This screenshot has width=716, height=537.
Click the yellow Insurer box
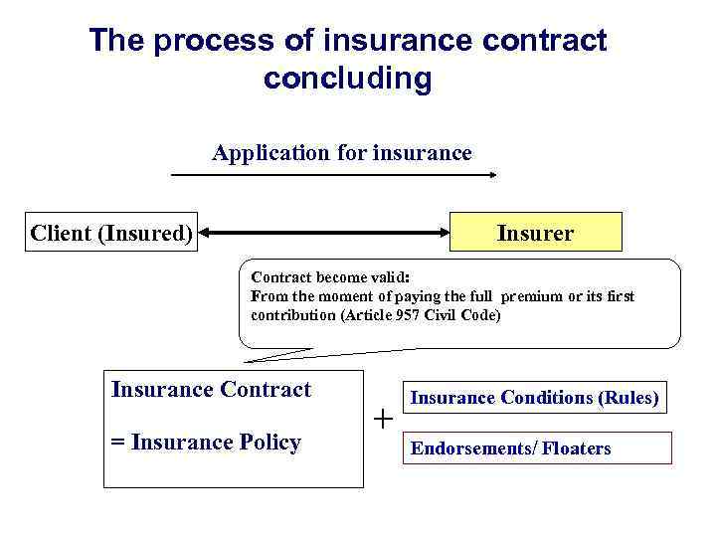[536, 232]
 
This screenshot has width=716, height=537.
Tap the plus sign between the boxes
[383, 419]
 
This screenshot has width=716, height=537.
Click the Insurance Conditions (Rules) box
[534, 398]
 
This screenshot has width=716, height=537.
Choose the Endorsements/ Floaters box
[534, 448]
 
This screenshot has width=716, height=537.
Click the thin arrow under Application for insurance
[334, 175]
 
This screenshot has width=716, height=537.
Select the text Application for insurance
[341, 153]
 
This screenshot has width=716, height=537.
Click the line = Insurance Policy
[207, 443]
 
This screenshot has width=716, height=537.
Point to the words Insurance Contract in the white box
[211, 390]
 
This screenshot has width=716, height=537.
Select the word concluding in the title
[347, 79]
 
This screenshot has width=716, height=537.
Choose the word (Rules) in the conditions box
[627, 398]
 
